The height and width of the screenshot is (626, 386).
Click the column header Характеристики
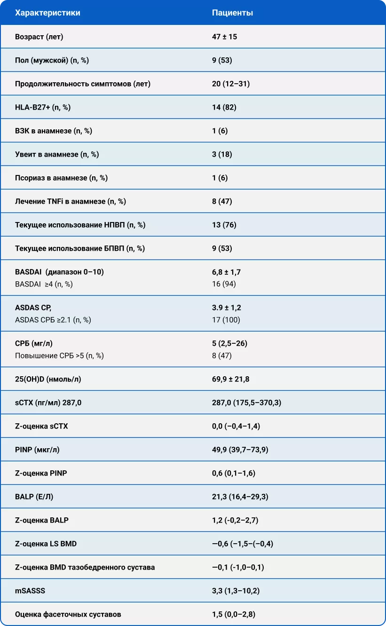47,13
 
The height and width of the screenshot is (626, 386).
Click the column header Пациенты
232,13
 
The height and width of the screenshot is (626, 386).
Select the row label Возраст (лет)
39,37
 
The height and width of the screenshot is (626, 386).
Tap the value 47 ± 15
224,37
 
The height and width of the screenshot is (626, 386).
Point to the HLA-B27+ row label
43,107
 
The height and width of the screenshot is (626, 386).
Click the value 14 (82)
224,107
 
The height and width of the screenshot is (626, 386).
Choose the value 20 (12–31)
231,84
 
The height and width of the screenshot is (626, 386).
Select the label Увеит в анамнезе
57,154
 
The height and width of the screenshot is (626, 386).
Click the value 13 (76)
224,225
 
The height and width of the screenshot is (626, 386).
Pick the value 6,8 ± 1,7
226,272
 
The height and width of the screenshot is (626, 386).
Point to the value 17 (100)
226,320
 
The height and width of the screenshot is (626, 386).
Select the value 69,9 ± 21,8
231,379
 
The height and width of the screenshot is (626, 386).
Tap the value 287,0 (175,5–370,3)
246,403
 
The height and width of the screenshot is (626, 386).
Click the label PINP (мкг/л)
37,450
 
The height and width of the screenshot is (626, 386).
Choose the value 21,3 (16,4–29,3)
240,497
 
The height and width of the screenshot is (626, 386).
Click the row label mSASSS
30,591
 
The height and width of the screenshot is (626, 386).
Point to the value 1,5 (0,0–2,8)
234,614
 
